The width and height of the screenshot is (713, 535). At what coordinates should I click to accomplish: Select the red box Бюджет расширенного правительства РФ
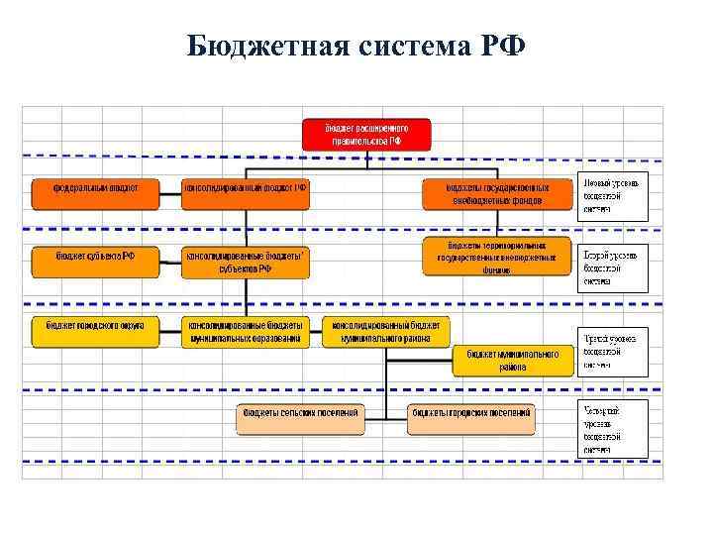tap(366, 134)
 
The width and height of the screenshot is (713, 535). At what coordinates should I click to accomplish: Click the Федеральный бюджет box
tap(95, 193)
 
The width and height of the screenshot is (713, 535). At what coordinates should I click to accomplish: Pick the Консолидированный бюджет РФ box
tap(246, 193)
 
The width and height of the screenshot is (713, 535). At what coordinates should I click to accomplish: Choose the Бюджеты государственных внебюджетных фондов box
tap(498, 193)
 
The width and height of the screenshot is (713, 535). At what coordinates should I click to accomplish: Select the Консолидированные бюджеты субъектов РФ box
tap(246, 262)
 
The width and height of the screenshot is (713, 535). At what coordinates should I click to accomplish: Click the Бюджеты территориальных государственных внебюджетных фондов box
tap(498, 256)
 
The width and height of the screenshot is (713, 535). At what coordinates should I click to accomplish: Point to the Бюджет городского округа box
tap(95, 331)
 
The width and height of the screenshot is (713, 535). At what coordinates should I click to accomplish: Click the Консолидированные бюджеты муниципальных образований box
tap(246, 331)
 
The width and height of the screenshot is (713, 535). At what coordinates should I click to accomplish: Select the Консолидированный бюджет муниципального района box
tap(385, 331)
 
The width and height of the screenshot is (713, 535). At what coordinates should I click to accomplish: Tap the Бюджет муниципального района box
tap(513, 361)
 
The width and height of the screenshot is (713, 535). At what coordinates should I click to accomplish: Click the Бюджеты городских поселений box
tap(471, 418)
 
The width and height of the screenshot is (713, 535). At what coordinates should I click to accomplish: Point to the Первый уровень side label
tap(614, 196)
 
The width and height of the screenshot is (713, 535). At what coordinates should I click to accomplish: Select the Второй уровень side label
tap(614, 267)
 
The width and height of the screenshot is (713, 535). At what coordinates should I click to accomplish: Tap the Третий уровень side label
tap(614, 352)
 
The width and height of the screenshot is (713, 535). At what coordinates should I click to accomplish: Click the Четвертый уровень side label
tap(614, 429)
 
